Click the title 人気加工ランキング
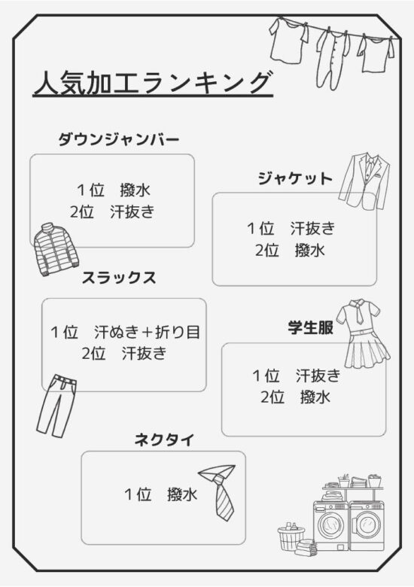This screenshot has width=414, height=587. coord(152,83)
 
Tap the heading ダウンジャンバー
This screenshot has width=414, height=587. coord(119,140)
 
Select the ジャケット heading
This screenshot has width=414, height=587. coord(295,178)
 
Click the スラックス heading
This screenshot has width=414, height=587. coord(119,278)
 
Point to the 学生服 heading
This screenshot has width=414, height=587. coord(311,327)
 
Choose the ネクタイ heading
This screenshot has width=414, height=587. coord(164,439)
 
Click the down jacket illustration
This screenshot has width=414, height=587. coord(56,250)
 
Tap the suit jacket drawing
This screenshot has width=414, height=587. coord(365,181)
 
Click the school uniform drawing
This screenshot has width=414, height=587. coord(362,334)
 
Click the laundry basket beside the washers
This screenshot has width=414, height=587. coord(291,537)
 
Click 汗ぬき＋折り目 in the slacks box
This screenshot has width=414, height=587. coord(147,332)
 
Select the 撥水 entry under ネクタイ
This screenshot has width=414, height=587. coord(182,494)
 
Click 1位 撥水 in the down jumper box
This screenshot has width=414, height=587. coord(114,190)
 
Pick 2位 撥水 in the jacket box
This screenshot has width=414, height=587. coord(290,250)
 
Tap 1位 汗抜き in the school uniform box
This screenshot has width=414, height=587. coord(296,376)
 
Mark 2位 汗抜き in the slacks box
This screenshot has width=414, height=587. coord(124,353)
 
